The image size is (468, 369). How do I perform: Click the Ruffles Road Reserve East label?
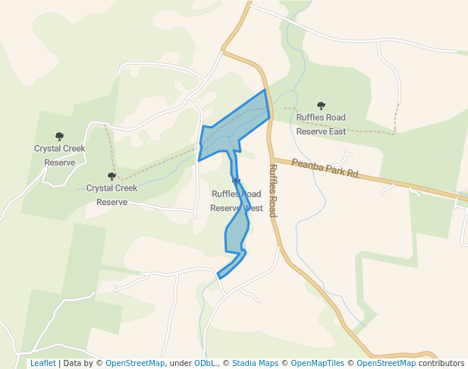321,124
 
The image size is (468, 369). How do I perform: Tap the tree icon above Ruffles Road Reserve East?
321,106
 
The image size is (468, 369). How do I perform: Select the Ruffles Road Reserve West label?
237,200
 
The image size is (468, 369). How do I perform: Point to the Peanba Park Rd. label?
325,168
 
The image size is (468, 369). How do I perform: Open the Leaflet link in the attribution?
42,363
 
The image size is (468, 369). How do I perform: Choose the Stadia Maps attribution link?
255,363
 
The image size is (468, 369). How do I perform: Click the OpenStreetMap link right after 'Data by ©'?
135,363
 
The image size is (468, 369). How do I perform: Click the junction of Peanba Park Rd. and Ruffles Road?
272,159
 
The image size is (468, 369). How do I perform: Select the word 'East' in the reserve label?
336,131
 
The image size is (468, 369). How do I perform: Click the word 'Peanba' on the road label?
306,164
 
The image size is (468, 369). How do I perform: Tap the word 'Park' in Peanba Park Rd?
334,169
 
